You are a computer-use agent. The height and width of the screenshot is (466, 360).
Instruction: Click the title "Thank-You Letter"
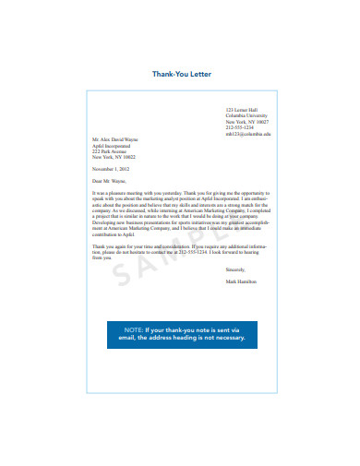[179, 76]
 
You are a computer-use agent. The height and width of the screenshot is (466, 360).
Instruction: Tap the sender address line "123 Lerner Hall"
[241, 109]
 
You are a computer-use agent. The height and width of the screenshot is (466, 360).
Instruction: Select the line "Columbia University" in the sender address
[246, 115]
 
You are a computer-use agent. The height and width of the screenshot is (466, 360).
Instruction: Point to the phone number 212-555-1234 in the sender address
[239, 127]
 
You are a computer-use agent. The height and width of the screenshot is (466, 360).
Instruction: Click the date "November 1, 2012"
[112, 170]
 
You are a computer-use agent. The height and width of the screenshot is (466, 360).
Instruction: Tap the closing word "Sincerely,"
[236, 269]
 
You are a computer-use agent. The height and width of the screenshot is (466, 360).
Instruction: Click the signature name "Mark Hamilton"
[242, 281]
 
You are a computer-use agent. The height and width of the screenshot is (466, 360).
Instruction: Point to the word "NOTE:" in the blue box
[134, 329]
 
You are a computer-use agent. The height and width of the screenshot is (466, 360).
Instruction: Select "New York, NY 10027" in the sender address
[247, 122]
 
